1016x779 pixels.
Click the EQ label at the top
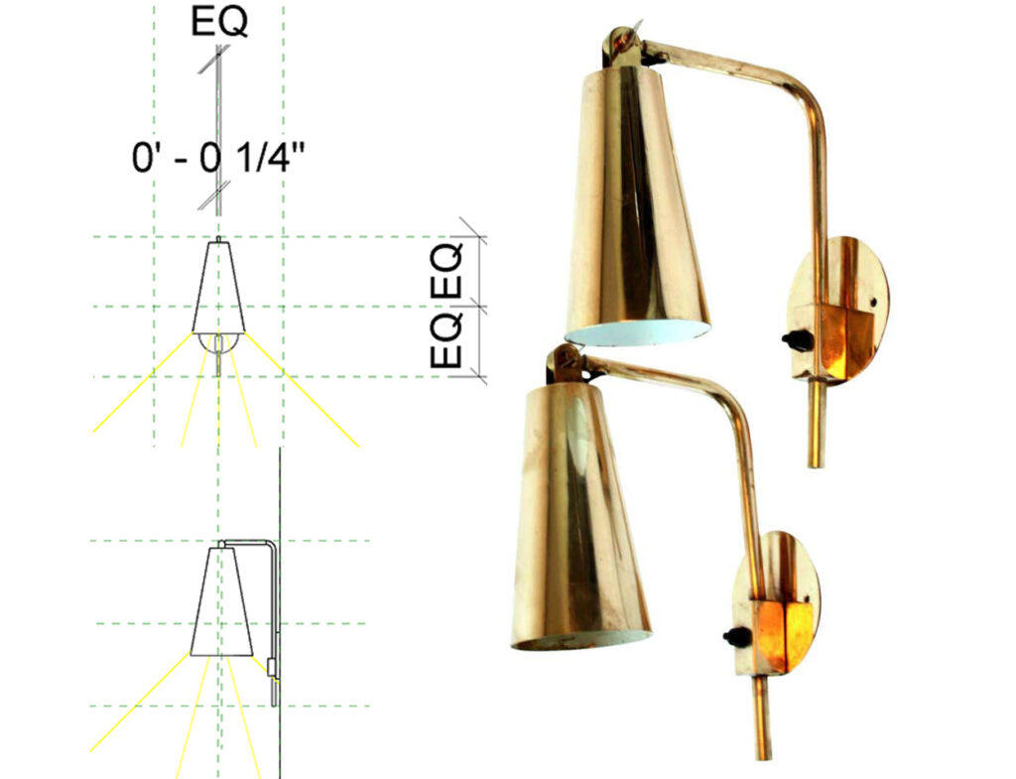(x=219, y=22)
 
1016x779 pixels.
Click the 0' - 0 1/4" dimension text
(x=218, y=158)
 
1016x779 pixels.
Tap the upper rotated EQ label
(x=447, y=270)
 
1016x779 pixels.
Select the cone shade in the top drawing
(x=219, y=288)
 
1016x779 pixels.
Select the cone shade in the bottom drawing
(x=221, y=602)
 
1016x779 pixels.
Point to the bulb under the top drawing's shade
(x=219, y=342)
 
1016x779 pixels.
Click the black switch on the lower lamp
(x=737, y=637)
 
